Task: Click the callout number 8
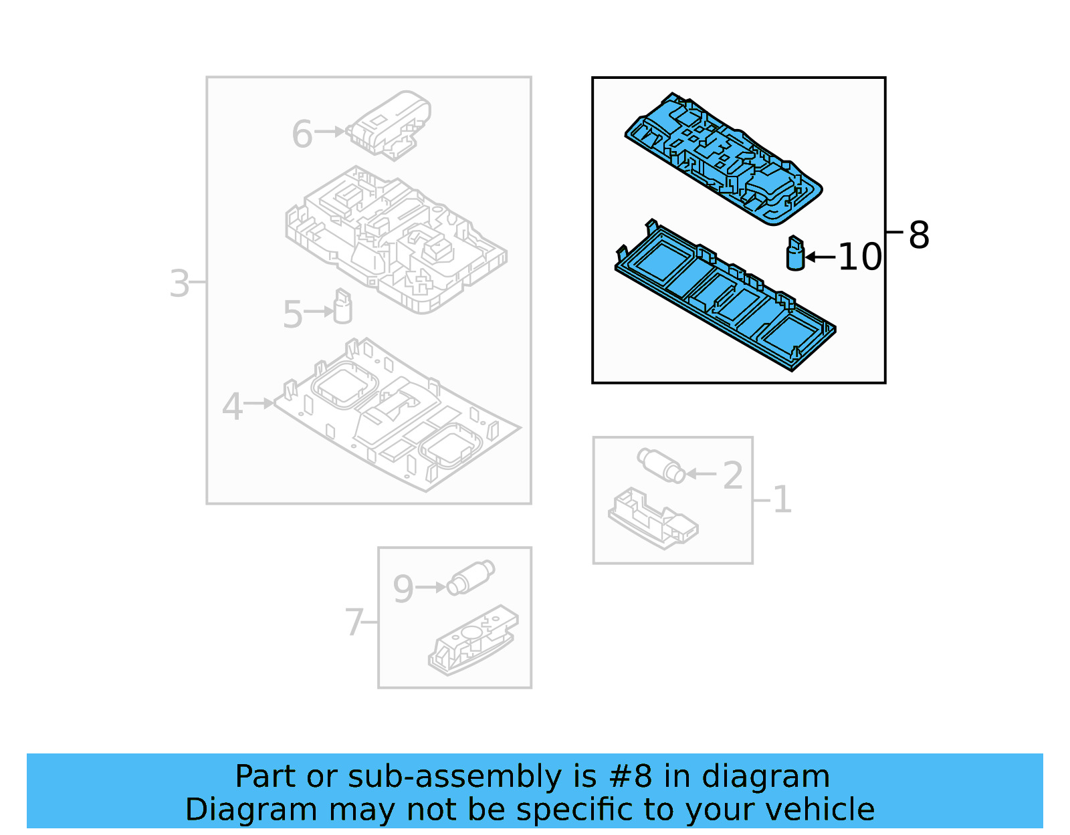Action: (919, 235)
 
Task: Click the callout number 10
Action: (859, 257)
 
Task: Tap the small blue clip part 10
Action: (794, 254)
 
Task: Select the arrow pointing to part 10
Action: (821, 257)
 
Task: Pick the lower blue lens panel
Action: (722, 294)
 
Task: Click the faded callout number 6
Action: (302, 134)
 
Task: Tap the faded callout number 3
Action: (179, 283)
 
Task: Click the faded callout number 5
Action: (293, 314)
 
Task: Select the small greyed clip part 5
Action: (342, 307)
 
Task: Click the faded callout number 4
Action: (232, 406)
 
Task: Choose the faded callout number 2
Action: (733, 475)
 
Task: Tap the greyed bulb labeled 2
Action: (661, 465)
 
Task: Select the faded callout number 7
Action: (354, 622)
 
